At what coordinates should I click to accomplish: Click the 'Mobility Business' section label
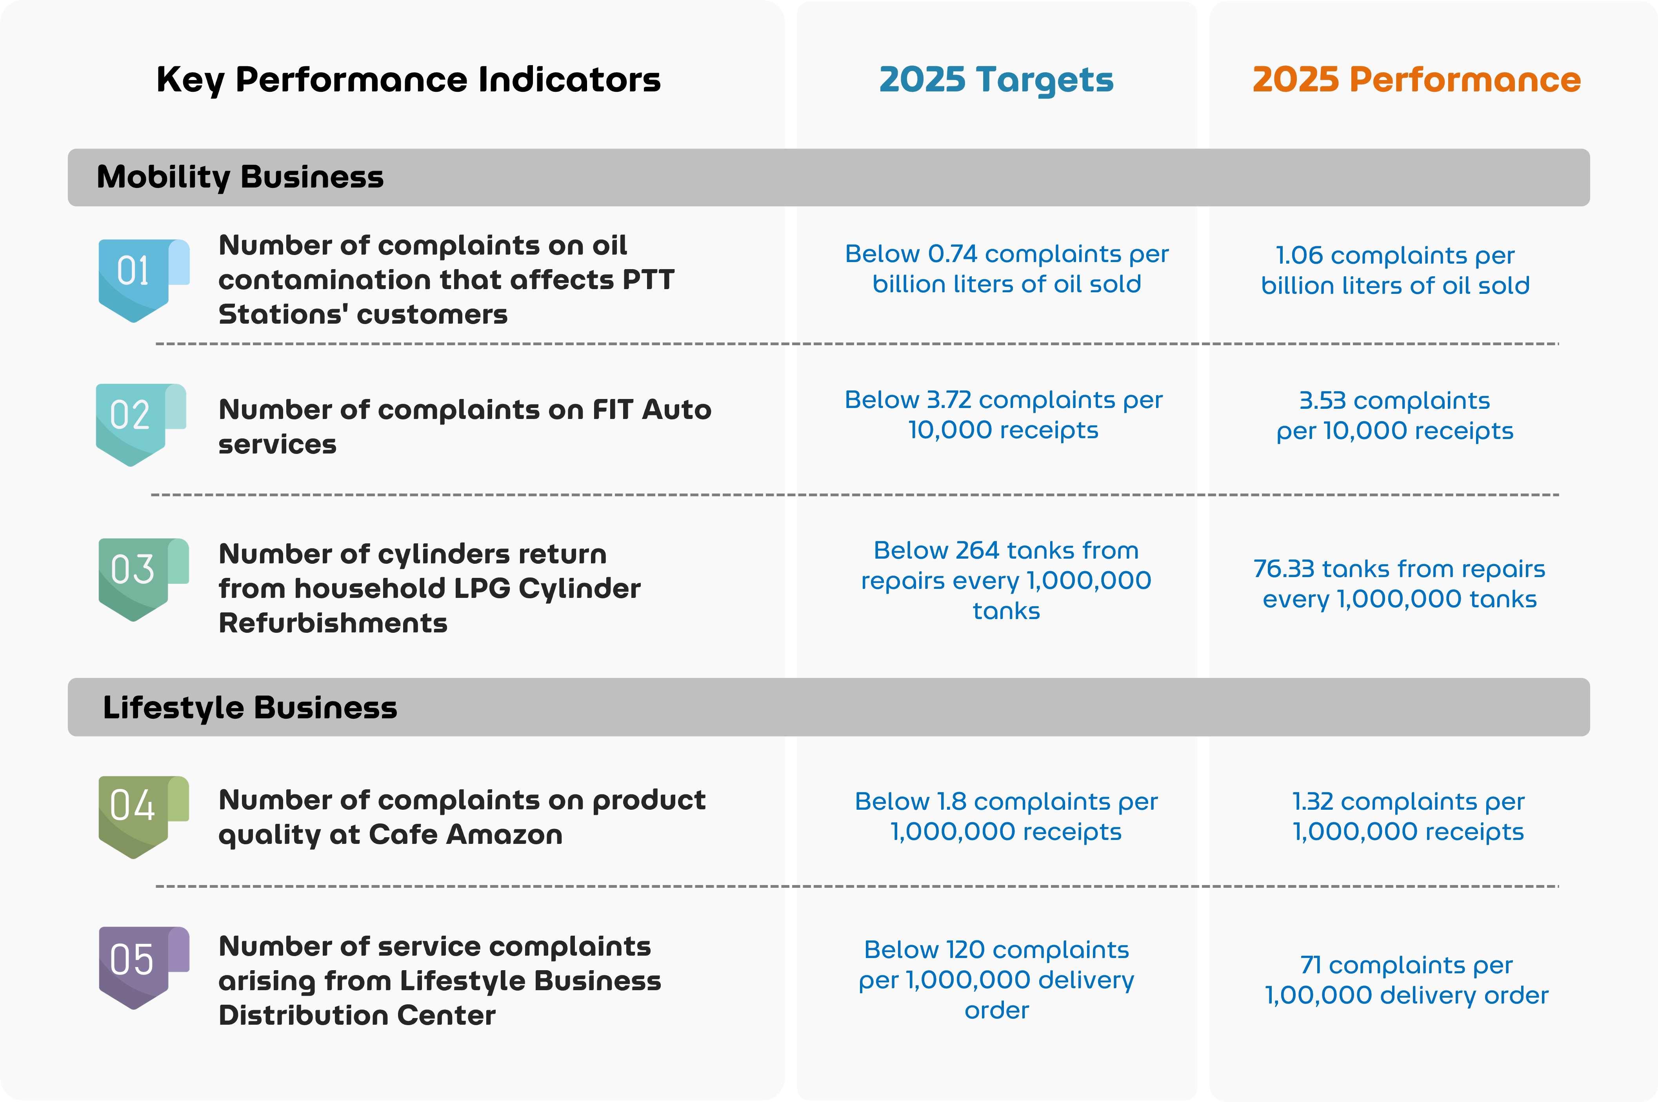[240, 177]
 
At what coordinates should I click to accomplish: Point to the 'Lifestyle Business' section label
[250, 708]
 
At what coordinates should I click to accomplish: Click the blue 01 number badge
[138, 278]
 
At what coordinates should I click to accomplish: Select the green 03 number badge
[138, 576]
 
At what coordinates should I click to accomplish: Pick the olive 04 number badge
[138, 814]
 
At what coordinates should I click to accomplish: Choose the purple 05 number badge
[138, 965]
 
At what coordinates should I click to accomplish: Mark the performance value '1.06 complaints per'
[1394, 255]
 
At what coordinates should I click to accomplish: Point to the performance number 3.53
[1322, 401]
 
